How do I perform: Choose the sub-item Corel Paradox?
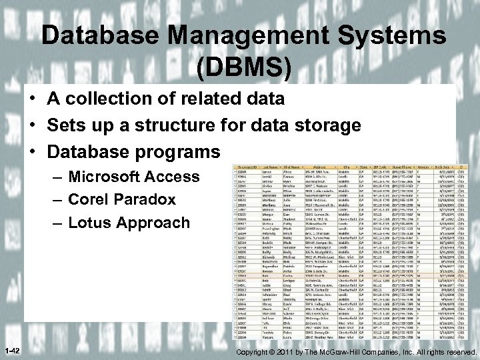(122, 199)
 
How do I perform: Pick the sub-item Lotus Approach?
(129, 222)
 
